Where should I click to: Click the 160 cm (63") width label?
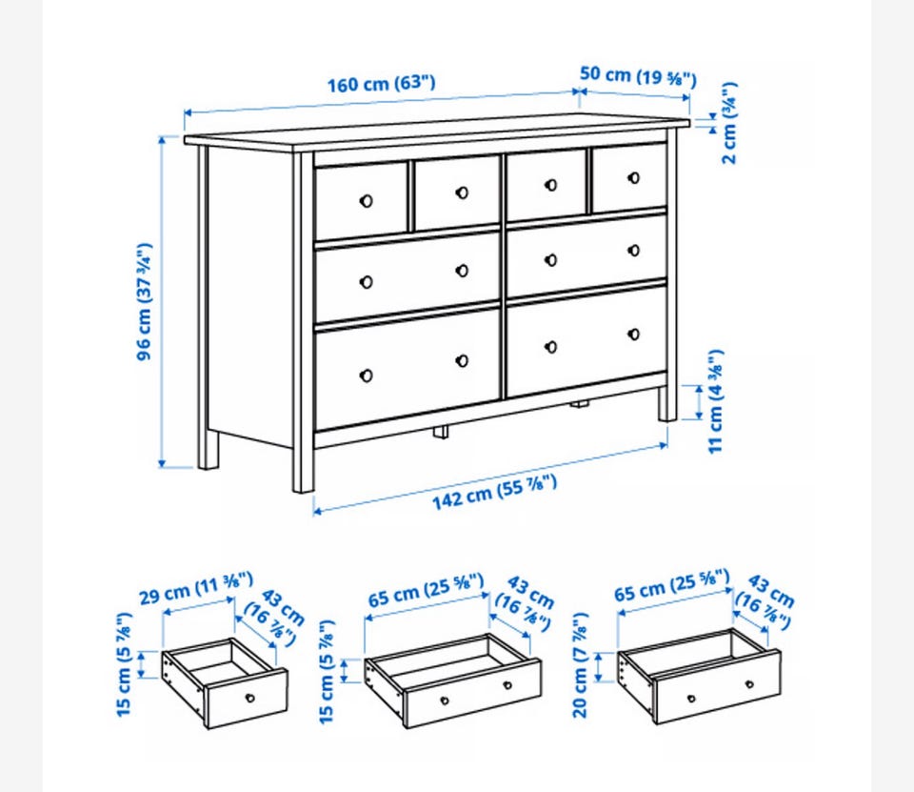381,84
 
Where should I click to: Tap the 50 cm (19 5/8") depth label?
638,76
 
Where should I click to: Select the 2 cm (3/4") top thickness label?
729,123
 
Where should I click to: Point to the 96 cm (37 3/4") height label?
144,301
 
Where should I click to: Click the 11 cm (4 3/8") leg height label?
715,401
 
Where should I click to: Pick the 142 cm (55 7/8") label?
494,492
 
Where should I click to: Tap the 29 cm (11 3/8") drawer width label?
196,589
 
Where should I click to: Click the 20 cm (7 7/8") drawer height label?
580,665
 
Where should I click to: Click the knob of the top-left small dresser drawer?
366,201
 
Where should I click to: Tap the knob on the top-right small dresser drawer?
634,178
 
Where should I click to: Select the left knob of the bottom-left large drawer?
366,376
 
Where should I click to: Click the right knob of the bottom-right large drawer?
634,335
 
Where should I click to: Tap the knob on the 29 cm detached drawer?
250,698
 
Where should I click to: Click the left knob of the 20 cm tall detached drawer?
691,698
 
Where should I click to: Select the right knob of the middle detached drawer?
507,685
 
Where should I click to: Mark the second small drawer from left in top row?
457,193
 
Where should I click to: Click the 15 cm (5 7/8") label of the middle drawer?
327,671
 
